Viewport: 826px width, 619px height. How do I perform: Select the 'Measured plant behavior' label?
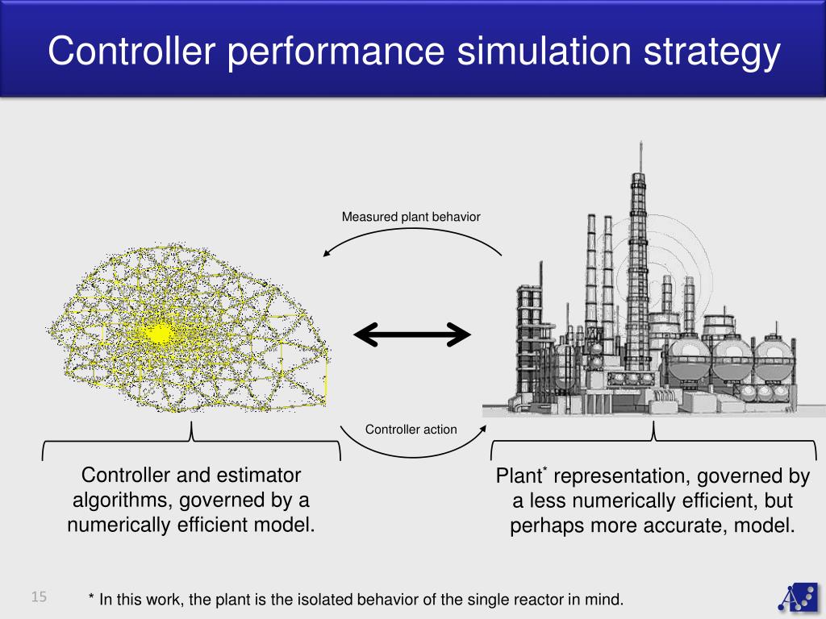[x=411, y=217]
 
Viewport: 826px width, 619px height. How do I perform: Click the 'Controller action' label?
[x=411, y=430]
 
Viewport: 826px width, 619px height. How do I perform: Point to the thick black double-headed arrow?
[x=411, y=334]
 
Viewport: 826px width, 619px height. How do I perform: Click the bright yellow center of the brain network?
[x=159, y=333]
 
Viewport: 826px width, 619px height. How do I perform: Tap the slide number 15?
[x=40, y=597]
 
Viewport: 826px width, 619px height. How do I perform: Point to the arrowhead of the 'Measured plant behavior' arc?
[x=326, y=254]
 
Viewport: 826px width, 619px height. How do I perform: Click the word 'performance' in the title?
[x=334, y=52]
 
